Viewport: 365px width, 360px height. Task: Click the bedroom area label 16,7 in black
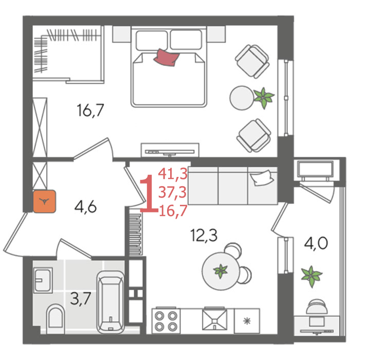pos(90,111)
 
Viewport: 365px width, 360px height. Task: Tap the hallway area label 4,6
pos(85,207)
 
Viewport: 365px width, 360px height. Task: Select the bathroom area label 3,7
pos(80,298)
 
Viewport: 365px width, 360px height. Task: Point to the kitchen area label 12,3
pos(204,235)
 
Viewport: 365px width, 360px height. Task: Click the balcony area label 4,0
pos(316,243)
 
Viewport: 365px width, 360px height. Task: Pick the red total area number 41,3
pos(173,174)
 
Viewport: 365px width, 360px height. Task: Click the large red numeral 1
pos(149,194)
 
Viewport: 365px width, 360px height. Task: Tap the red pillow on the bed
pos(167,57)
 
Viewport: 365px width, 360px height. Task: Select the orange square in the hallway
pos(44,202)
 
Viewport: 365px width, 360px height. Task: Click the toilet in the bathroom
pos(56,318)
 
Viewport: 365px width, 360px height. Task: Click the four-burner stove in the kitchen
pos(166,321)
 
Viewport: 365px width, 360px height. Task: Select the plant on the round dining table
pos(220,271)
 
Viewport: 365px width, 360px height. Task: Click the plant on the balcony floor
pos(311,276)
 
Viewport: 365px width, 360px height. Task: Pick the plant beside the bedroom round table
pos(264,98)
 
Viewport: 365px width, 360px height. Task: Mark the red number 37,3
pos(172,192)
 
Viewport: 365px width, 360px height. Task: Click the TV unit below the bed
pos(170,150)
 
